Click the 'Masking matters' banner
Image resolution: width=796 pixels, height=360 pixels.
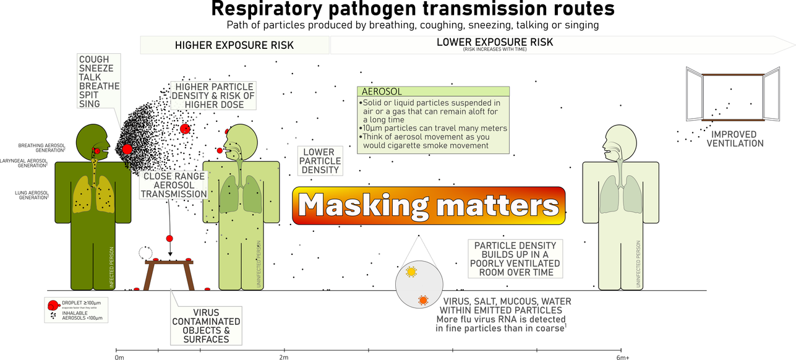coord(429,205)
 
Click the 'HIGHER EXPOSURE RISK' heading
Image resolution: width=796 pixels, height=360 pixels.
coord(234,45)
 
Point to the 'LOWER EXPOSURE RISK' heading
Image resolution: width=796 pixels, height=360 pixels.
coord(494,43)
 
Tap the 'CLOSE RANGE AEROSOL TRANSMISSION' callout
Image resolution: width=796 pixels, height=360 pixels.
coord(174,185)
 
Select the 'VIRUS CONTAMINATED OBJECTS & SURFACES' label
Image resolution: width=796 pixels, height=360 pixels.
coord(206,325)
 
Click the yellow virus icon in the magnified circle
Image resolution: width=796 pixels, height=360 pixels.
coord(411,272)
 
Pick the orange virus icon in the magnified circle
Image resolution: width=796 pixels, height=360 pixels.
coord(423,301)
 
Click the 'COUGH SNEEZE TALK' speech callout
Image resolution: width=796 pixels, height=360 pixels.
coord(99,82)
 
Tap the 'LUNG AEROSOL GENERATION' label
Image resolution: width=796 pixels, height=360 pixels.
coord(32,195)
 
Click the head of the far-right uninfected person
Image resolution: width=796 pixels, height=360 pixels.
coord(620,142)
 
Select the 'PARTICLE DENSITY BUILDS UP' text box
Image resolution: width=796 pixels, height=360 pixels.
coord(515,257)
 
